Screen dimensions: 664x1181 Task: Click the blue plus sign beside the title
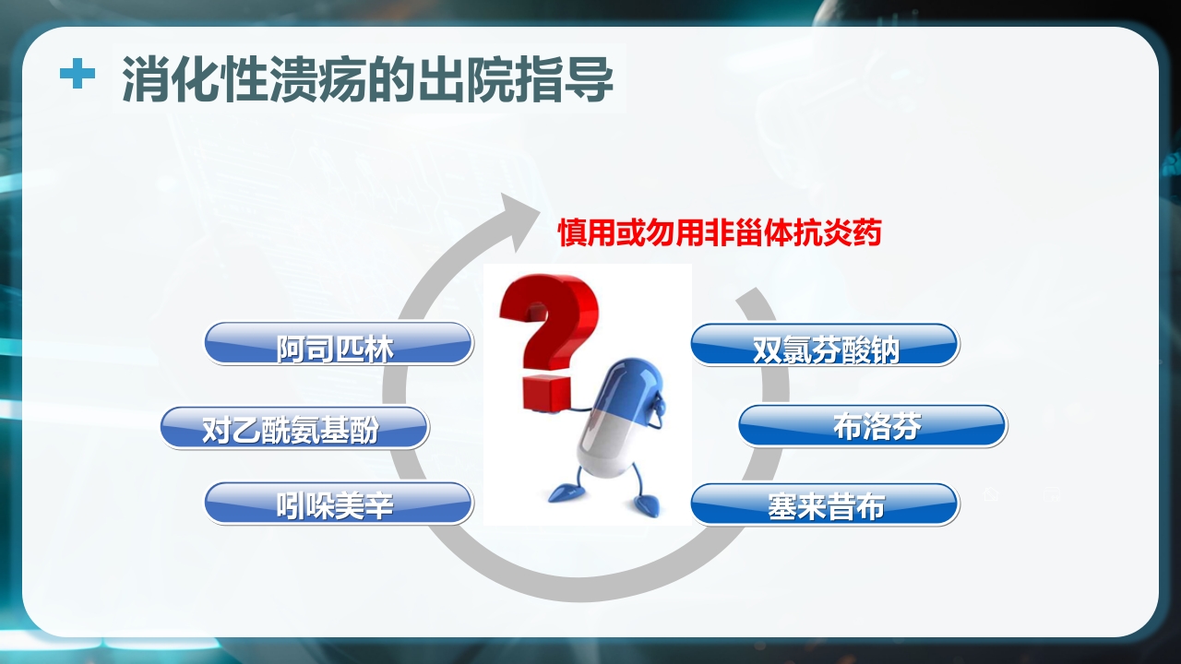(78, 75)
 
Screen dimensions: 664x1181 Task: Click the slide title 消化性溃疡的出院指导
(367, 80)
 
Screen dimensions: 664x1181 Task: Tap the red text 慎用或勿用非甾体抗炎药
(720, 232)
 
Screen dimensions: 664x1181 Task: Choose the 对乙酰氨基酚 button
(294, 428)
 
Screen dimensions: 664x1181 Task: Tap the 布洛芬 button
(872, 426)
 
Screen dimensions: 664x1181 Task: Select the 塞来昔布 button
(824, 504)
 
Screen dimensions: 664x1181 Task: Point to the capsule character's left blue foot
(562, 493)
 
